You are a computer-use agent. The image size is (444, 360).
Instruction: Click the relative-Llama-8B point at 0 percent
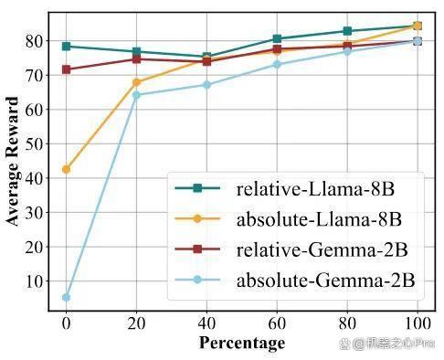tap(66, 47)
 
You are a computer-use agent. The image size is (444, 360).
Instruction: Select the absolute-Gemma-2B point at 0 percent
tap(66, 297)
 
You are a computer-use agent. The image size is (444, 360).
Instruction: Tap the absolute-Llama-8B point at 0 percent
tap(66, 169)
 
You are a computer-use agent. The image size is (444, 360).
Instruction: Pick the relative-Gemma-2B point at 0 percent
tap(66, 69)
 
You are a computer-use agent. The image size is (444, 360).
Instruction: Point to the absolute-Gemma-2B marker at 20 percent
tap(136, 95)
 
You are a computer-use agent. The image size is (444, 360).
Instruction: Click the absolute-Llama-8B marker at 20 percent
tap(136, 82)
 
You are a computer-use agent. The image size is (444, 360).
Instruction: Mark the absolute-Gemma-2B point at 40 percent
tap(206, 85)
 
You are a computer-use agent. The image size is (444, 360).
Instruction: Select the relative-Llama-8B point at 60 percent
tap(277, 38)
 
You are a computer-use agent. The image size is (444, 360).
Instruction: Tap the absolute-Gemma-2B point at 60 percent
tap(277, 65)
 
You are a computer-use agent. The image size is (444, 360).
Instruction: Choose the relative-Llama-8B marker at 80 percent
tap(347, 31)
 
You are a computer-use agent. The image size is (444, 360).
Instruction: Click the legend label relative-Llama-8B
tap(315, 189)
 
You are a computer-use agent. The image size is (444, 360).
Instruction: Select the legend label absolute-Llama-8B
tap(319, 219)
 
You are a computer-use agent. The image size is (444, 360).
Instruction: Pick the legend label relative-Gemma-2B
tap(322, 250)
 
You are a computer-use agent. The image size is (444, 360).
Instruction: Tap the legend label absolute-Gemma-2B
tap(326, 281)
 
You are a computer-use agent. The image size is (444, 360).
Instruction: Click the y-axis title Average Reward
tap(13, 161)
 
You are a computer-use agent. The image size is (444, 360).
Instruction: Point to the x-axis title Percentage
tap(242, 343)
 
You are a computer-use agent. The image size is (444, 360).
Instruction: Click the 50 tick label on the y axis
tap(34, 144)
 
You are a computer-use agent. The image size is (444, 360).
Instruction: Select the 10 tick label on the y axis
tap(34, 281)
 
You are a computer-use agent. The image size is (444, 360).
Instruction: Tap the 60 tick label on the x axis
tap(277, 323)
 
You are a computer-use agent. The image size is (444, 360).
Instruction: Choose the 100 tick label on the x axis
tap(418, 323)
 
